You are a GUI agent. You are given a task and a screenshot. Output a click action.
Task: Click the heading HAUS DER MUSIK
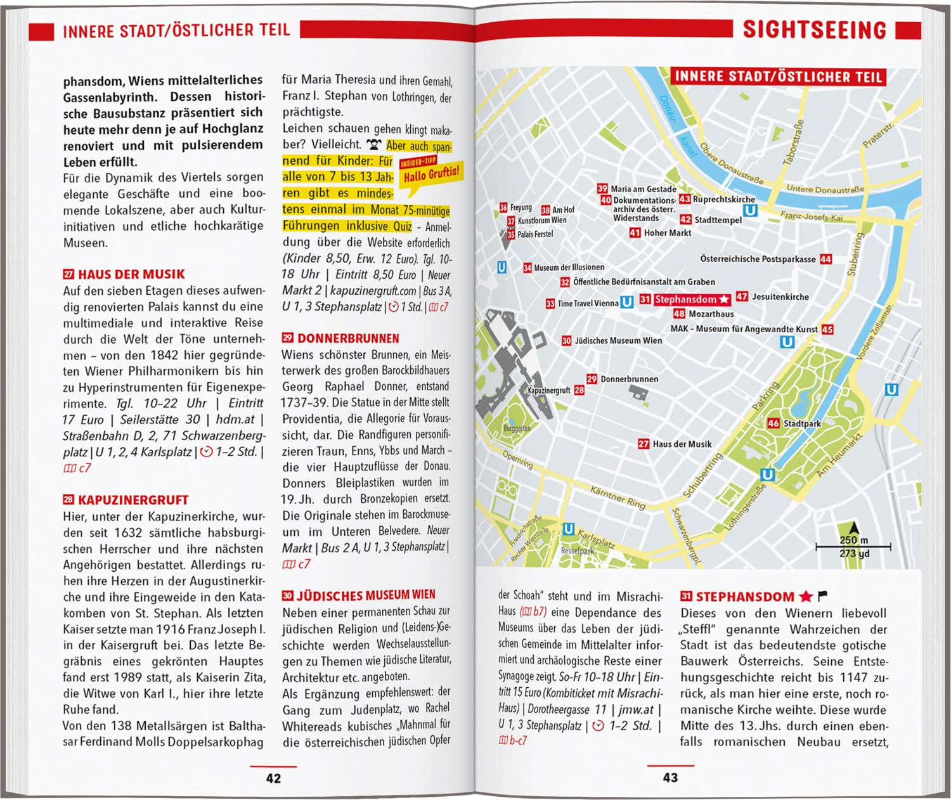[x=131, y=274]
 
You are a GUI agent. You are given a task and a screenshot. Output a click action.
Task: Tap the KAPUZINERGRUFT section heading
[x=133, y=500]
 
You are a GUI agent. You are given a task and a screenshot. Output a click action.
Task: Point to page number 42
[x=273, y=778]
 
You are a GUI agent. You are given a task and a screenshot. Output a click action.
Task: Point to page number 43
[x=670, y=778]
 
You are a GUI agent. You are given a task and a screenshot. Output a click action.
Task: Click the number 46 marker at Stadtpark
[x=773, y=423]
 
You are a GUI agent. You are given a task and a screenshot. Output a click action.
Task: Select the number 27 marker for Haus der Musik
[x=644, y=444]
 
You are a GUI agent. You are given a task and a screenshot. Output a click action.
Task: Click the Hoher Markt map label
[x=668, y=233]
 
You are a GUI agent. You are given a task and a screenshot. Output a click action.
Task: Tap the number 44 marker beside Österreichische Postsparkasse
[x=825, y=259]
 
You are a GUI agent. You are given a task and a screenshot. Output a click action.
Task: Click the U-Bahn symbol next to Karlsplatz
[x=569, y=529]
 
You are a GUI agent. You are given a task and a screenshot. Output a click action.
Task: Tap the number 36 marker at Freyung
[x=503, y=208]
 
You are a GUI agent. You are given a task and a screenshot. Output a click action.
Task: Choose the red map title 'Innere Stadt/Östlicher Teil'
[x=778, y=77]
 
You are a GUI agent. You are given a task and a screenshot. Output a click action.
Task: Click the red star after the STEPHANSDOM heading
[x=805, y=597]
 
